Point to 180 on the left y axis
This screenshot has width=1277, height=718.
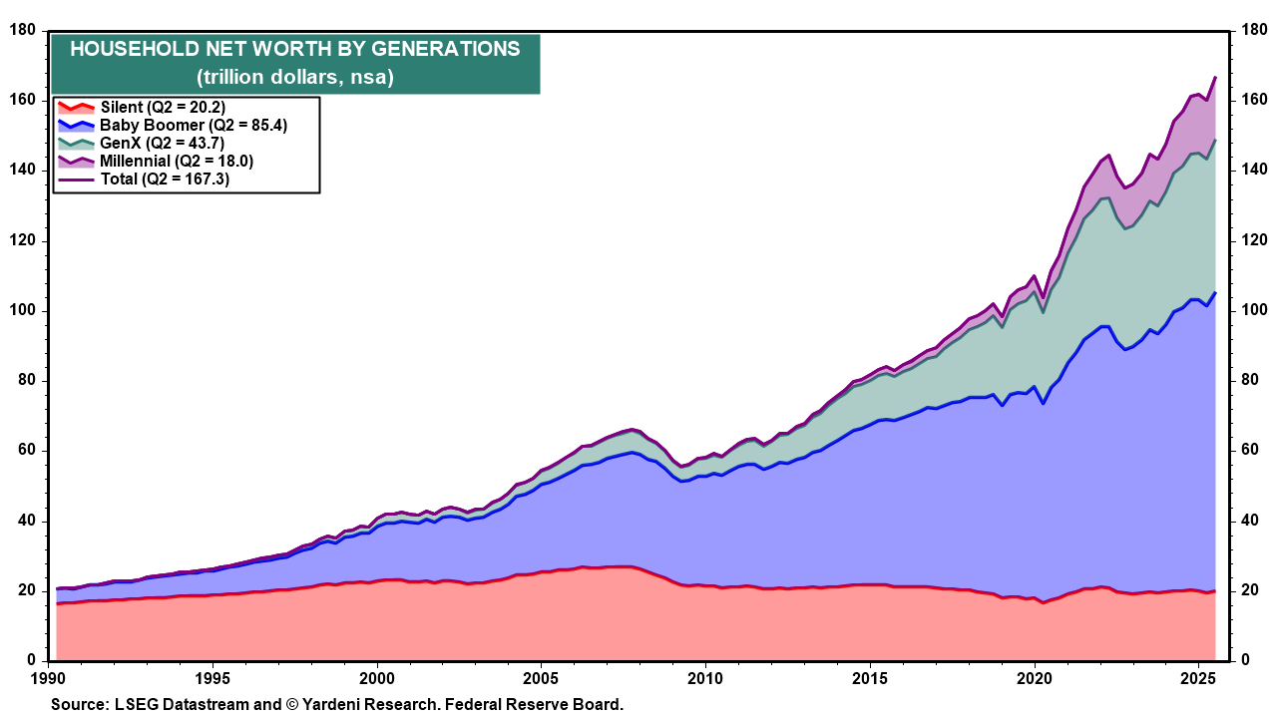click(x=22, y=31)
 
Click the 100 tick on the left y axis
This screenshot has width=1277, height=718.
click(x=22, y=311)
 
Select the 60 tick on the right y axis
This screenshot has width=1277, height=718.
click(x=1253, y=451)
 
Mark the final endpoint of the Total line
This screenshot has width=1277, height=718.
click(x=1214, y=77)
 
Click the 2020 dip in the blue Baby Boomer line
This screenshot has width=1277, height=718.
click(x=1043, y=403)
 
